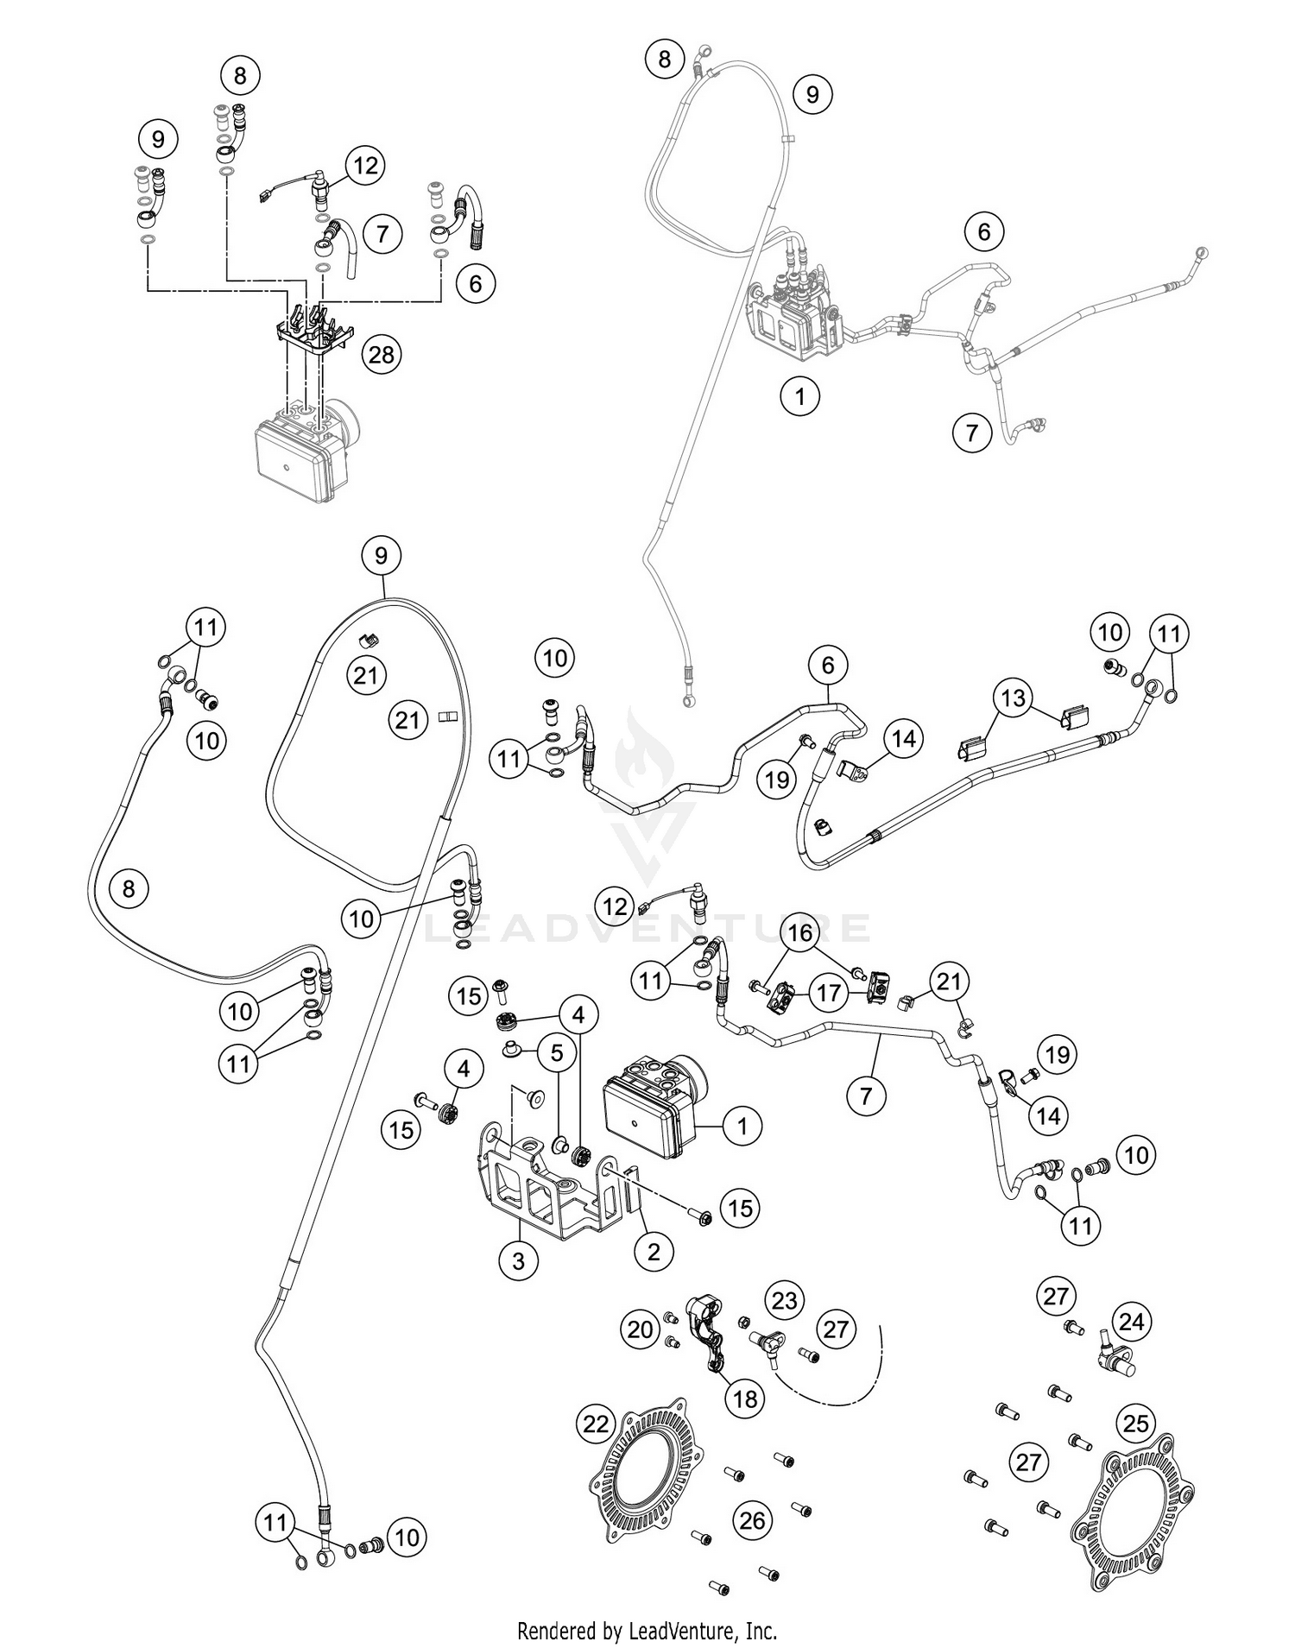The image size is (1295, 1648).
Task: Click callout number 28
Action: pos(382,354)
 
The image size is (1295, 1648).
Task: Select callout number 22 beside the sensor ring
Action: pos(597,1424)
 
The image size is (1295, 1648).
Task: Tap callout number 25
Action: pos(1137,1422)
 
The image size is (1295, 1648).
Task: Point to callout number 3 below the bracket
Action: pos(518,1261)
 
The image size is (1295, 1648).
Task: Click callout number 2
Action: pos(654,1251)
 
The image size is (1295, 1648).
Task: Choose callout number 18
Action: pos(744,1398)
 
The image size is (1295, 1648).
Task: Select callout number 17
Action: pos(829,993)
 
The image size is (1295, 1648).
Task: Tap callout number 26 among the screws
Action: pos(753,1520)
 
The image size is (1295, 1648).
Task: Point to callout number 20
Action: pos(640,1330)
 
